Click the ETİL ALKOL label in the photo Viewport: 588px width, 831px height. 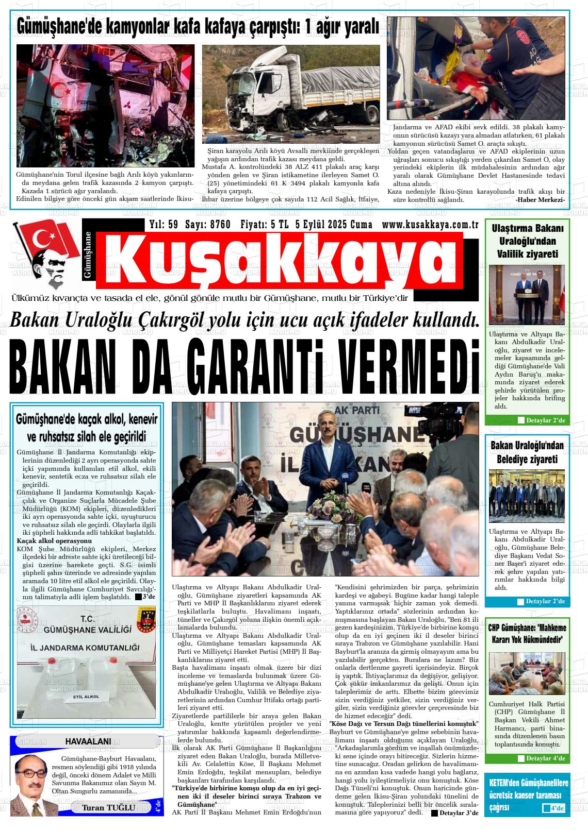(x=86, y=697)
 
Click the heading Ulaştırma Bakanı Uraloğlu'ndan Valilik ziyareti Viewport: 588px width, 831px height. (x=527, y=241)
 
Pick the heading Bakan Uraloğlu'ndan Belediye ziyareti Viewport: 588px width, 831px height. (x=527, y=452)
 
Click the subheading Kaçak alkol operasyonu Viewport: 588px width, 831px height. (x=54, y=541)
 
